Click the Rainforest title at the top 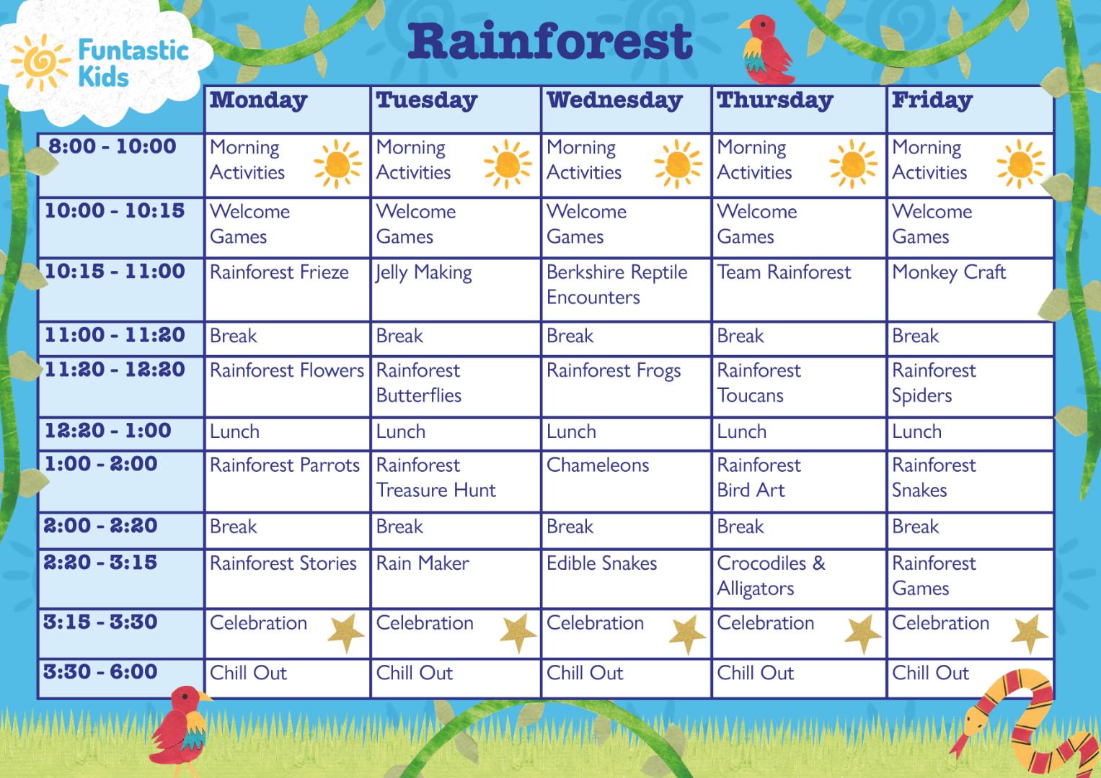coord(550,42)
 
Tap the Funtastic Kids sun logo coord(40,63)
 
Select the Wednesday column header coord(614,100)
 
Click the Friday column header coord(932,100)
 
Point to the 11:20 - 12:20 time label coord(115,370)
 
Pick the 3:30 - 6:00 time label coord(100,671)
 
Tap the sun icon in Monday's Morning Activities coord(337,164)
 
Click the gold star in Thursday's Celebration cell coord(862,634)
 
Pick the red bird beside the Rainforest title coord(766,49)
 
